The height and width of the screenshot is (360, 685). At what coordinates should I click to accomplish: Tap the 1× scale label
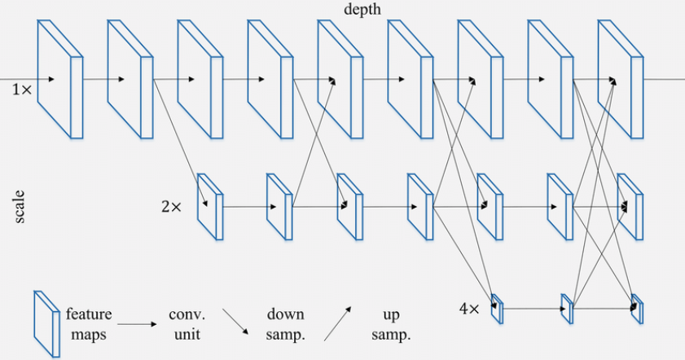22,90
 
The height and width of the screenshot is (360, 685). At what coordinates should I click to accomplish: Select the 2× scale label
171,207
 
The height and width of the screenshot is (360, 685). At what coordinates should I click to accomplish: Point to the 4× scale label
470,308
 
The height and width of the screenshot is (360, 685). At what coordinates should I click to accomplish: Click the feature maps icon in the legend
46,324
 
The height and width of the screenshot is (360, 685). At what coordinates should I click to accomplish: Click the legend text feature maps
89,324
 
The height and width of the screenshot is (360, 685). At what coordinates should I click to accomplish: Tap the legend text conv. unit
187,324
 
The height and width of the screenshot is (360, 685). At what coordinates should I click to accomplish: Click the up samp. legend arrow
338,323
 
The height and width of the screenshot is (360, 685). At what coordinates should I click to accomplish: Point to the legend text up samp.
390,324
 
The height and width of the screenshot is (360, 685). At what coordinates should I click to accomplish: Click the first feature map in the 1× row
59,78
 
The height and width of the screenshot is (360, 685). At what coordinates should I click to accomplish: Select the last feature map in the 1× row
620,78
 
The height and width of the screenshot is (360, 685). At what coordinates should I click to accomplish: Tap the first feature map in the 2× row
210,206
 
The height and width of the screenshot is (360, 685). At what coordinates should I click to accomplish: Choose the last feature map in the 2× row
630,206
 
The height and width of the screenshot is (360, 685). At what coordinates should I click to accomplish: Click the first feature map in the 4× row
497,309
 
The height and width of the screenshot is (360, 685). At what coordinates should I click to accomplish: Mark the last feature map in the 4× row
637,309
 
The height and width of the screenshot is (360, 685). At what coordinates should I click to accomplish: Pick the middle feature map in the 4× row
567,309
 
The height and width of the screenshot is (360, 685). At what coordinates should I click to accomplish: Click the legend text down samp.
285,324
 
